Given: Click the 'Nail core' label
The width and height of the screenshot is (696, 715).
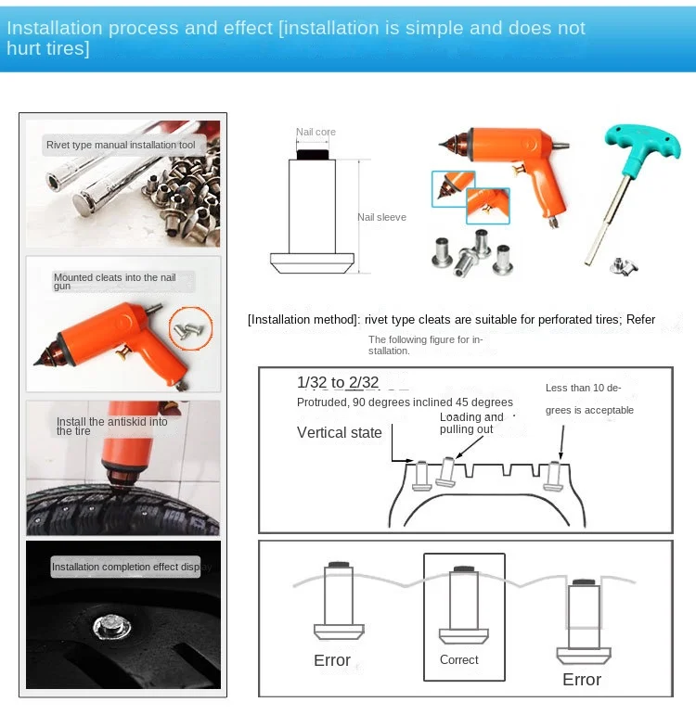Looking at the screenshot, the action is pos(316,132).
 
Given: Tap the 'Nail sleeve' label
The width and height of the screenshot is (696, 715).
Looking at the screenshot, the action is pos(381,217).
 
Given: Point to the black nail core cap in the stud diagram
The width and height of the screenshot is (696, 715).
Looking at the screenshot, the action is pos(313,155).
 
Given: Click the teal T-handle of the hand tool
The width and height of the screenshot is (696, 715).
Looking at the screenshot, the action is pos(641,142).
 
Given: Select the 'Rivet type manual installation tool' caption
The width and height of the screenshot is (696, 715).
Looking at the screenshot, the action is pos(121,145).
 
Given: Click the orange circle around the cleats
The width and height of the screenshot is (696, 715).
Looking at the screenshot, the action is pos(191,328).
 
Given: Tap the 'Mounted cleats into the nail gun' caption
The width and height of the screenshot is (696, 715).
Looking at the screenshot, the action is pos(114,281).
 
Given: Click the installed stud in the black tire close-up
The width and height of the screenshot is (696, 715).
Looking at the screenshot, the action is pos(111,627).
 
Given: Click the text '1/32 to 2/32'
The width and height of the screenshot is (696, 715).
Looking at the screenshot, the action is pos(338,382).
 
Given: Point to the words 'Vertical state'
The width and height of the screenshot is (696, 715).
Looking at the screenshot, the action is pos(339,432).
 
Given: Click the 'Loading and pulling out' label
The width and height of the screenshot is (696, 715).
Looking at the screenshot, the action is pos(471,423).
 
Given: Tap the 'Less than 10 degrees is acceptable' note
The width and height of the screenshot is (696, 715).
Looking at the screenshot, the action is pos(589,399).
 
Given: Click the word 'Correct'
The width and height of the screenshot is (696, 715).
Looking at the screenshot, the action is pos(459,660).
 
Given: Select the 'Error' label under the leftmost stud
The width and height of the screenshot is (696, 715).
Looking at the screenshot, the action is pos(332,660).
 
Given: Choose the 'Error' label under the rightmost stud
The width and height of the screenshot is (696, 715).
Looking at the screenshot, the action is pos(582,680).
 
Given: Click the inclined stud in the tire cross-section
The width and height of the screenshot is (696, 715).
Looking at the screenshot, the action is pos(445,471).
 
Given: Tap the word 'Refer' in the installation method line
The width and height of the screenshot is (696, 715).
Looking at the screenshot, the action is pos(640,319).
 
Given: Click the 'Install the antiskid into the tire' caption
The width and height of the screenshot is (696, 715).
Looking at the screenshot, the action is pos(111,426).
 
